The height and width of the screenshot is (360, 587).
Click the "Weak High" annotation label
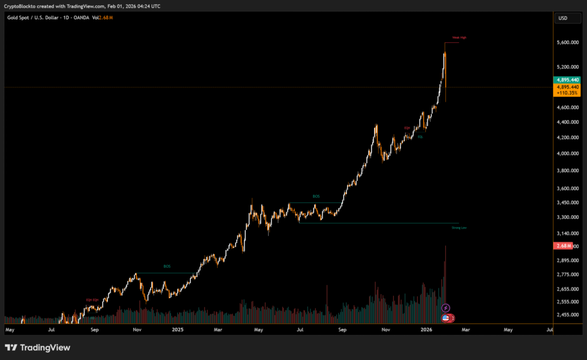coord(459,38)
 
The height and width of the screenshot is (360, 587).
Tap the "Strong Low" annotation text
coord(459,228)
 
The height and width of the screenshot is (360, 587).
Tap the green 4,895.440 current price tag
coord(567,80)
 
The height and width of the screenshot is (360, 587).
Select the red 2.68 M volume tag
coord(562,246)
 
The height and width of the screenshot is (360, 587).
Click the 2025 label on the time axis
coord(177,330)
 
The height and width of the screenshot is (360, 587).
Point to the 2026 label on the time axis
coord(426,330)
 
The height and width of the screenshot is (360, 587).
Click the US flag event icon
coord(446,318)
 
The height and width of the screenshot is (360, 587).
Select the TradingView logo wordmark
coord(37,347)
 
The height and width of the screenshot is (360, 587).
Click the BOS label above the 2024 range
coord(167,266)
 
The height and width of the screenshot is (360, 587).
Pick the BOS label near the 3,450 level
coord(316,197)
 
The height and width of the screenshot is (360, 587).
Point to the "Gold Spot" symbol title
coord(18,18)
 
